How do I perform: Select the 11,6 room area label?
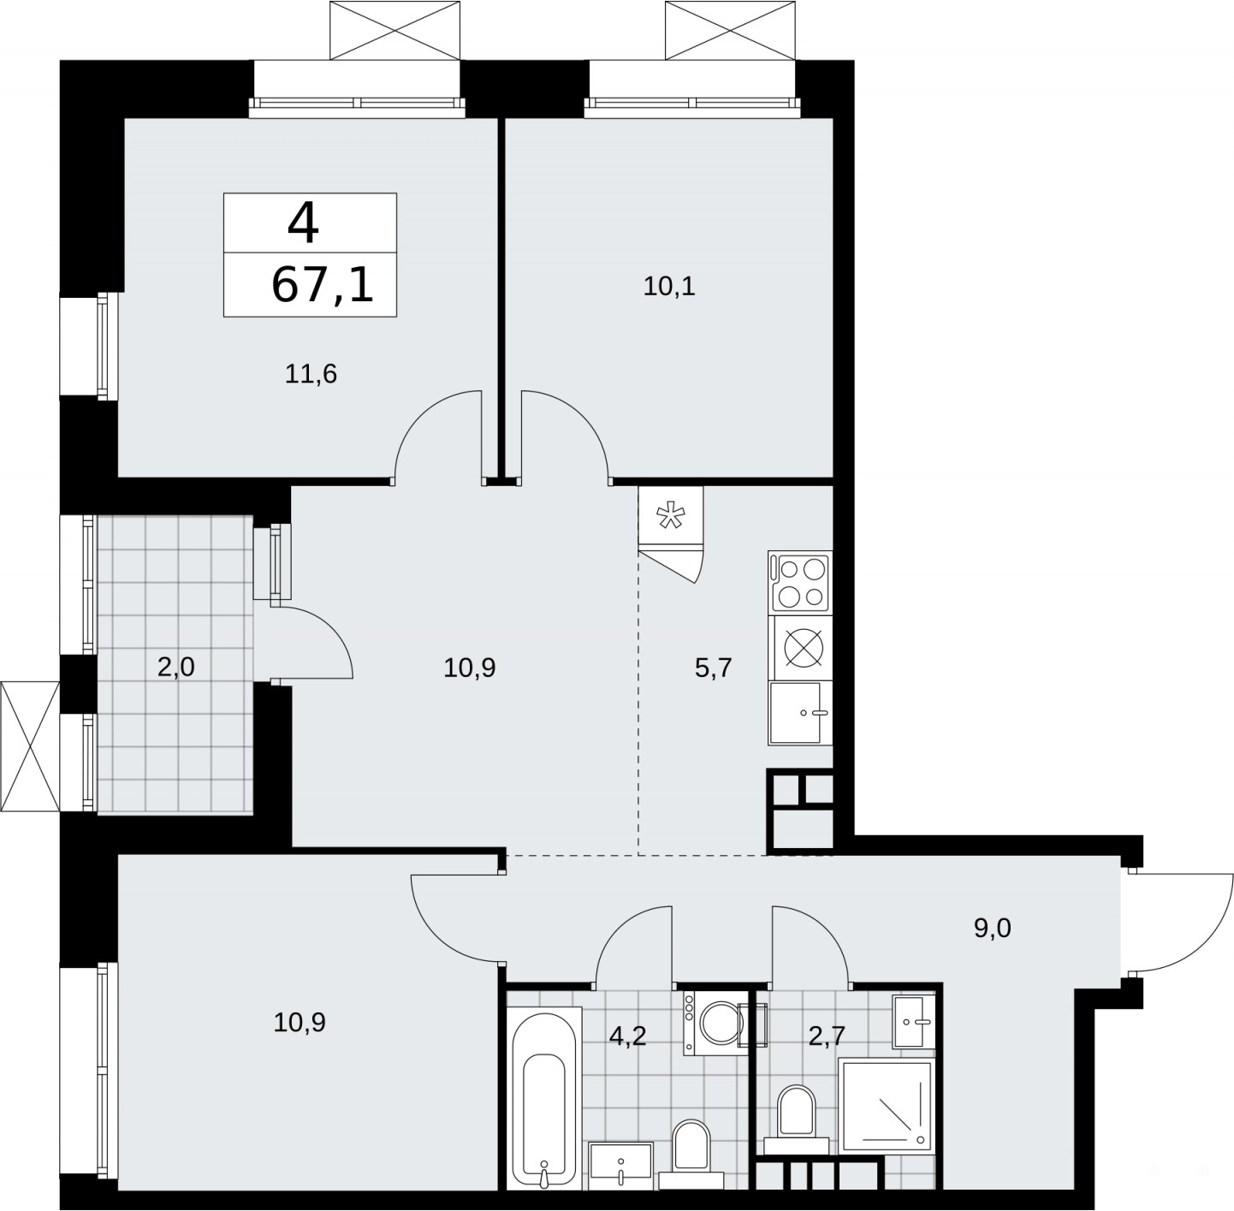311,373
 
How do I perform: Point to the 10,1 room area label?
669,286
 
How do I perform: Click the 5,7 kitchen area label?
713,668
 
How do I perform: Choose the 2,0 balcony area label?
175,668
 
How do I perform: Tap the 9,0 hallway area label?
993,928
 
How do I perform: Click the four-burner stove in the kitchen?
800,583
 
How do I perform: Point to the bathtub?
545,1098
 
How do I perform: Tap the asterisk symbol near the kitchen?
670,516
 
